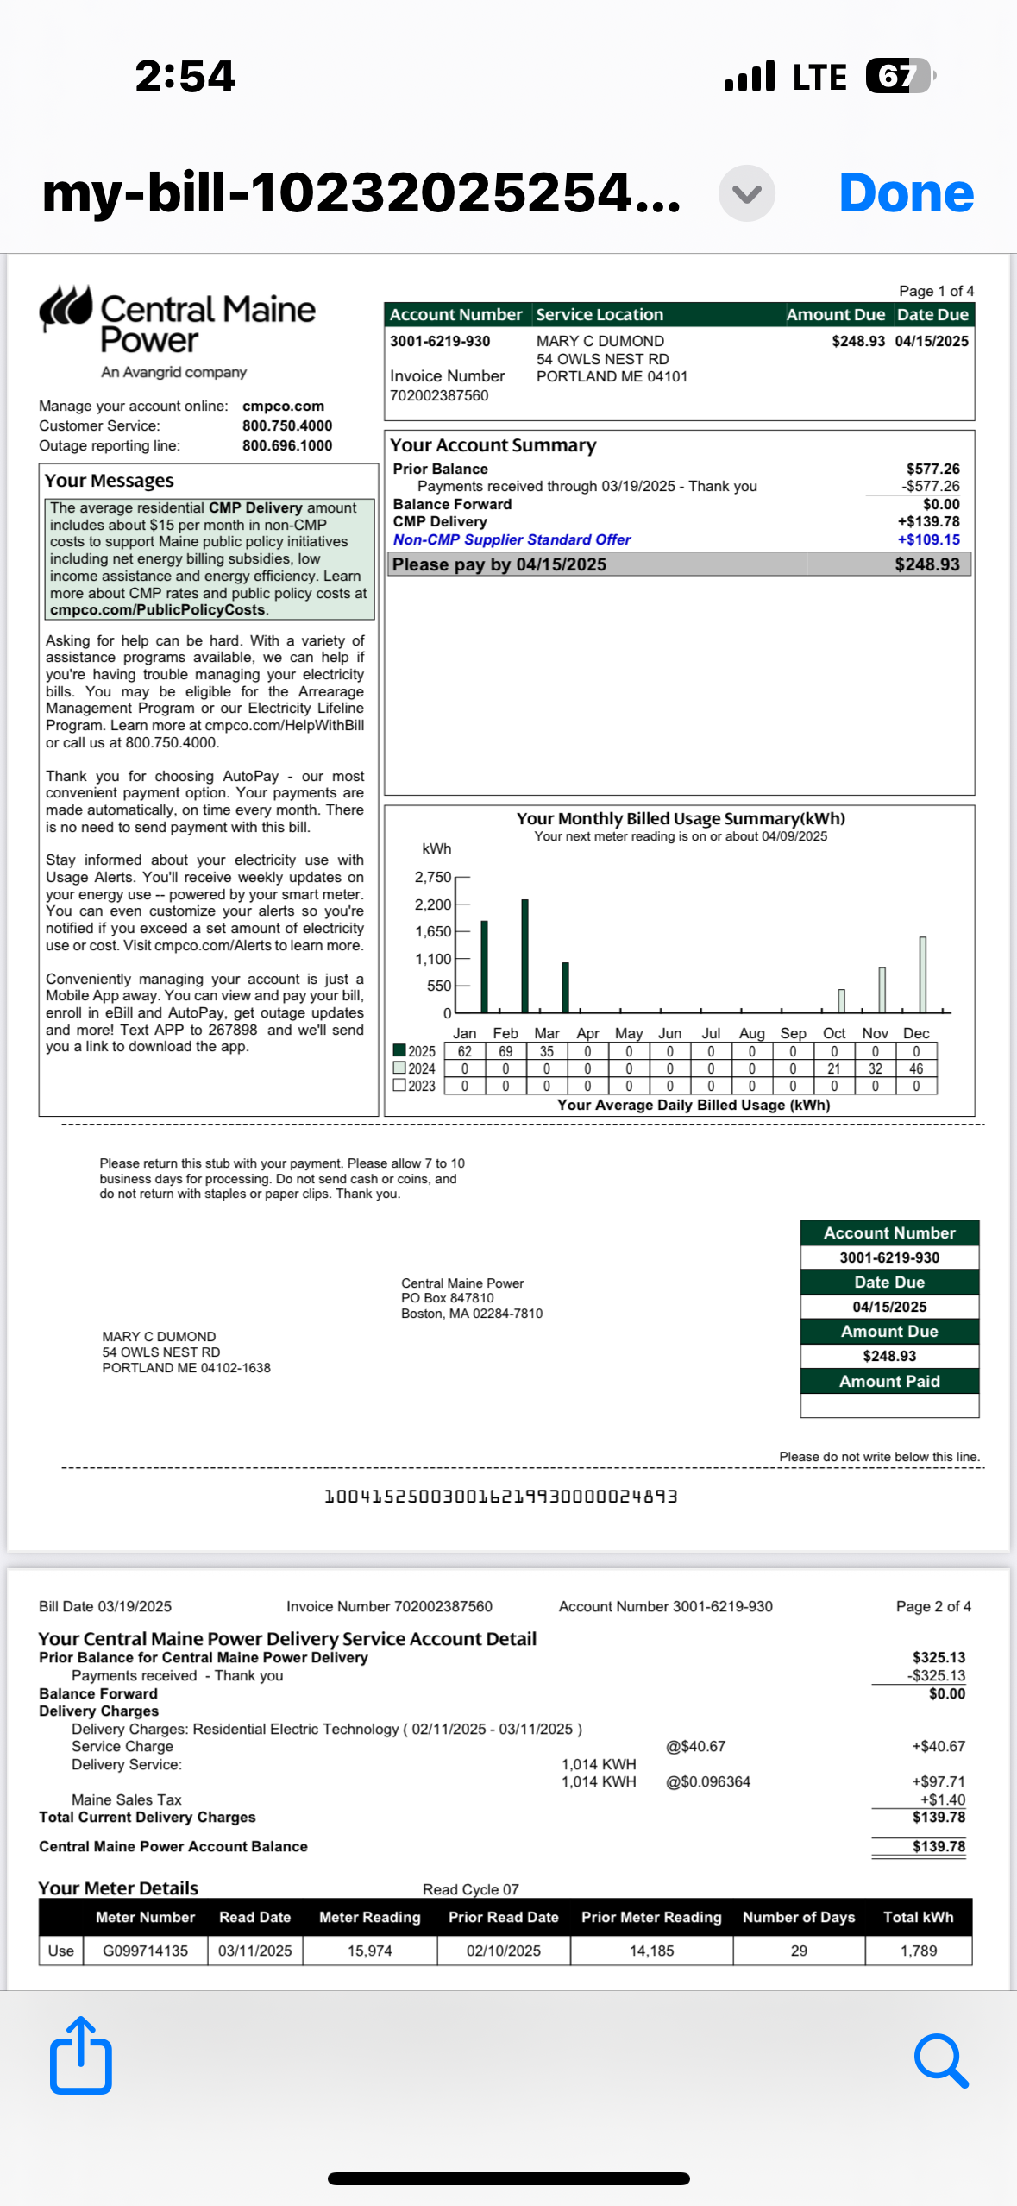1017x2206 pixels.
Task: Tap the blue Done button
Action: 906,193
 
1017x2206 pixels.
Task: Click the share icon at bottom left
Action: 81,2056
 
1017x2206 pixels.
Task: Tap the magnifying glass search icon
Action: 940,2060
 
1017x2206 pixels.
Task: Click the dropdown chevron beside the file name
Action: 746,193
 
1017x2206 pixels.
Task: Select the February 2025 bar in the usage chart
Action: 524,955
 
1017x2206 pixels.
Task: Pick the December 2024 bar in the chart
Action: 922,974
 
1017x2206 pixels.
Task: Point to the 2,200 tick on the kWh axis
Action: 433,904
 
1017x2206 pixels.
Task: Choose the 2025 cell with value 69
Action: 505,1051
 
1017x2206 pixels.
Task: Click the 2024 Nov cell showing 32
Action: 875,1068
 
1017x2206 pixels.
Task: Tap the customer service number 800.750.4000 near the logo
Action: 286,425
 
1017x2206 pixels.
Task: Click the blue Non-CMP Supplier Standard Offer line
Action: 512,539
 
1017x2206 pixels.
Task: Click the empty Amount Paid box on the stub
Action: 889,1405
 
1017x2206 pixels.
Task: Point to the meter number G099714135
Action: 145,1951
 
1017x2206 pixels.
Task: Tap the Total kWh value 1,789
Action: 918,1951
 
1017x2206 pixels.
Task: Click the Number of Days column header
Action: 798,1917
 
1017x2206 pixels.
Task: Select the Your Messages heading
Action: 109,481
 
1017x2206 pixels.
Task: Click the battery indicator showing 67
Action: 897,76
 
